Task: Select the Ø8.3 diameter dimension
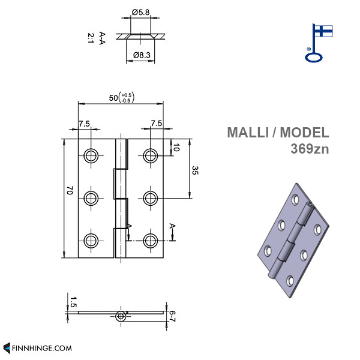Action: pos(142,55)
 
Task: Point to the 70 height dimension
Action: pos(70,191)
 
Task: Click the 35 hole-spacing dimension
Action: pos(196,170)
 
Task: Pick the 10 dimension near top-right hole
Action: pos(176,147)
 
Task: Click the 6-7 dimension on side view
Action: pos(172,316)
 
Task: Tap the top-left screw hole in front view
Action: pos(91,155)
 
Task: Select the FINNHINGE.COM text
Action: pos(42,347)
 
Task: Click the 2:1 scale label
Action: pos(90,38)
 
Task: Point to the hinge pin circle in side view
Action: pos(121,316)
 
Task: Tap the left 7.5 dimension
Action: pos(84,124)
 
